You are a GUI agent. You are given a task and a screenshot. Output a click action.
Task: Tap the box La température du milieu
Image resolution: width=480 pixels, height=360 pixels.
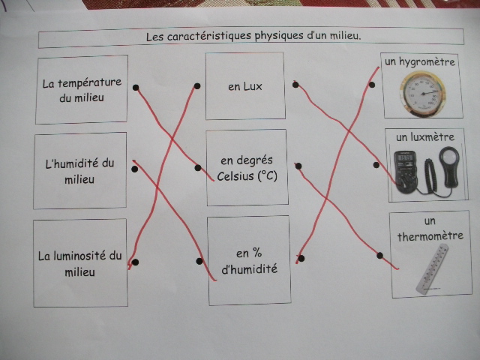82,89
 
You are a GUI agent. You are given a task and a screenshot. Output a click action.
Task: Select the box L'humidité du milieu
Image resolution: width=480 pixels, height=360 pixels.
80,171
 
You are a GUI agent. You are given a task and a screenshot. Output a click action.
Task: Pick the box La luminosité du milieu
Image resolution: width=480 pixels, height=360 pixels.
80,262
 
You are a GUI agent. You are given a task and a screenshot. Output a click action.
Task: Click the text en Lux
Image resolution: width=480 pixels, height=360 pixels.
245,87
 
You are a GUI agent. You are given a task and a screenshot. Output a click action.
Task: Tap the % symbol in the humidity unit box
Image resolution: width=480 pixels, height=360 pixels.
257,253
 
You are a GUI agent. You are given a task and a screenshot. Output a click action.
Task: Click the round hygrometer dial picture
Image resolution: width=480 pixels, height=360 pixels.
422,94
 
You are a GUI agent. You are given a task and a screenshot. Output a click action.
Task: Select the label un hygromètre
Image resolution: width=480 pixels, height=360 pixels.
420,62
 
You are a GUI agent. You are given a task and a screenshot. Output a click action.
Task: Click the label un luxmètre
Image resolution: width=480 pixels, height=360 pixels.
425,137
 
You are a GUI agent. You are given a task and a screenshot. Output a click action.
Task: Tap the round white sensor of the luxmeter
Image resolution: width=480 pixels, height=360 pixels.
449,157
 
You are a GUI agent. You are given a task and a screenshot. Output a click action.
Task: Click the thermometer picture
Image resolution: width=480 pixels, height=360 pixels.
433,269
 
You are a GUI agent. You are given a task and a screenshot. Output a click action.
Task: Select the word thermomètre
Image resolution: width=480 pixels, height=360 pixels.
430,236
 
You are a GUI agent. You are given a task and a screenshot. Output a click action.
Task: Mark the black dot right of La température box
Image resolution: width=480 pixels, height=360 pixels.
136,88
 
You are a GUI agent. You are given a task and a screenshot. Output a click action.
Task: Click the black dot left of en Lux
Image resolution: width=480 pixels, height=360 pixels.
197,86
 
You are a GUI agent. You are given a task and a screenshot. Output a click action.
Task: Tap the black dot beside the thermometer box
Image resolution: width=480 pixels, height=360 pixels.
380,255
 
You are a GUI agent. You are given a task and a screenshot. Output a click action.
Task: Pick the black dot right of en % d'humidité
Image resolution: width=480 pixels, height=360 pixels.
301,258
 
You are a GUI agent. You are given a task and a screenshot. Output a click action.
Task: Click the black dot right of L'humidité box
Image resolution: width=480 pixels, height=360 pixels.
135,169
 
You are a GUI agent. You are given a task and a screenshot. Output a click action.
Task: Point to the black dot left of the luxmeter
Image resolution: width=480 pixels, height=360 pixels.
376,165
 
